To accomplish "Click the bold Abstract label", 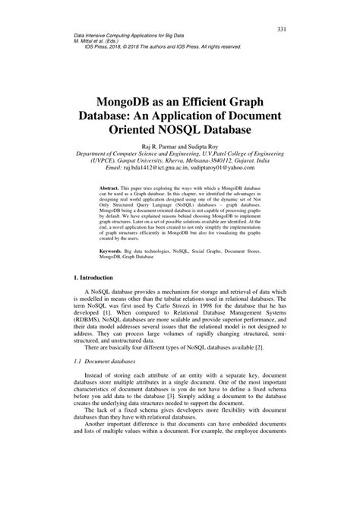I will (113, 187).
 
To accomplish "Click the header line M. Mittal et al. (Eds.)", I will (103, 43).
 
